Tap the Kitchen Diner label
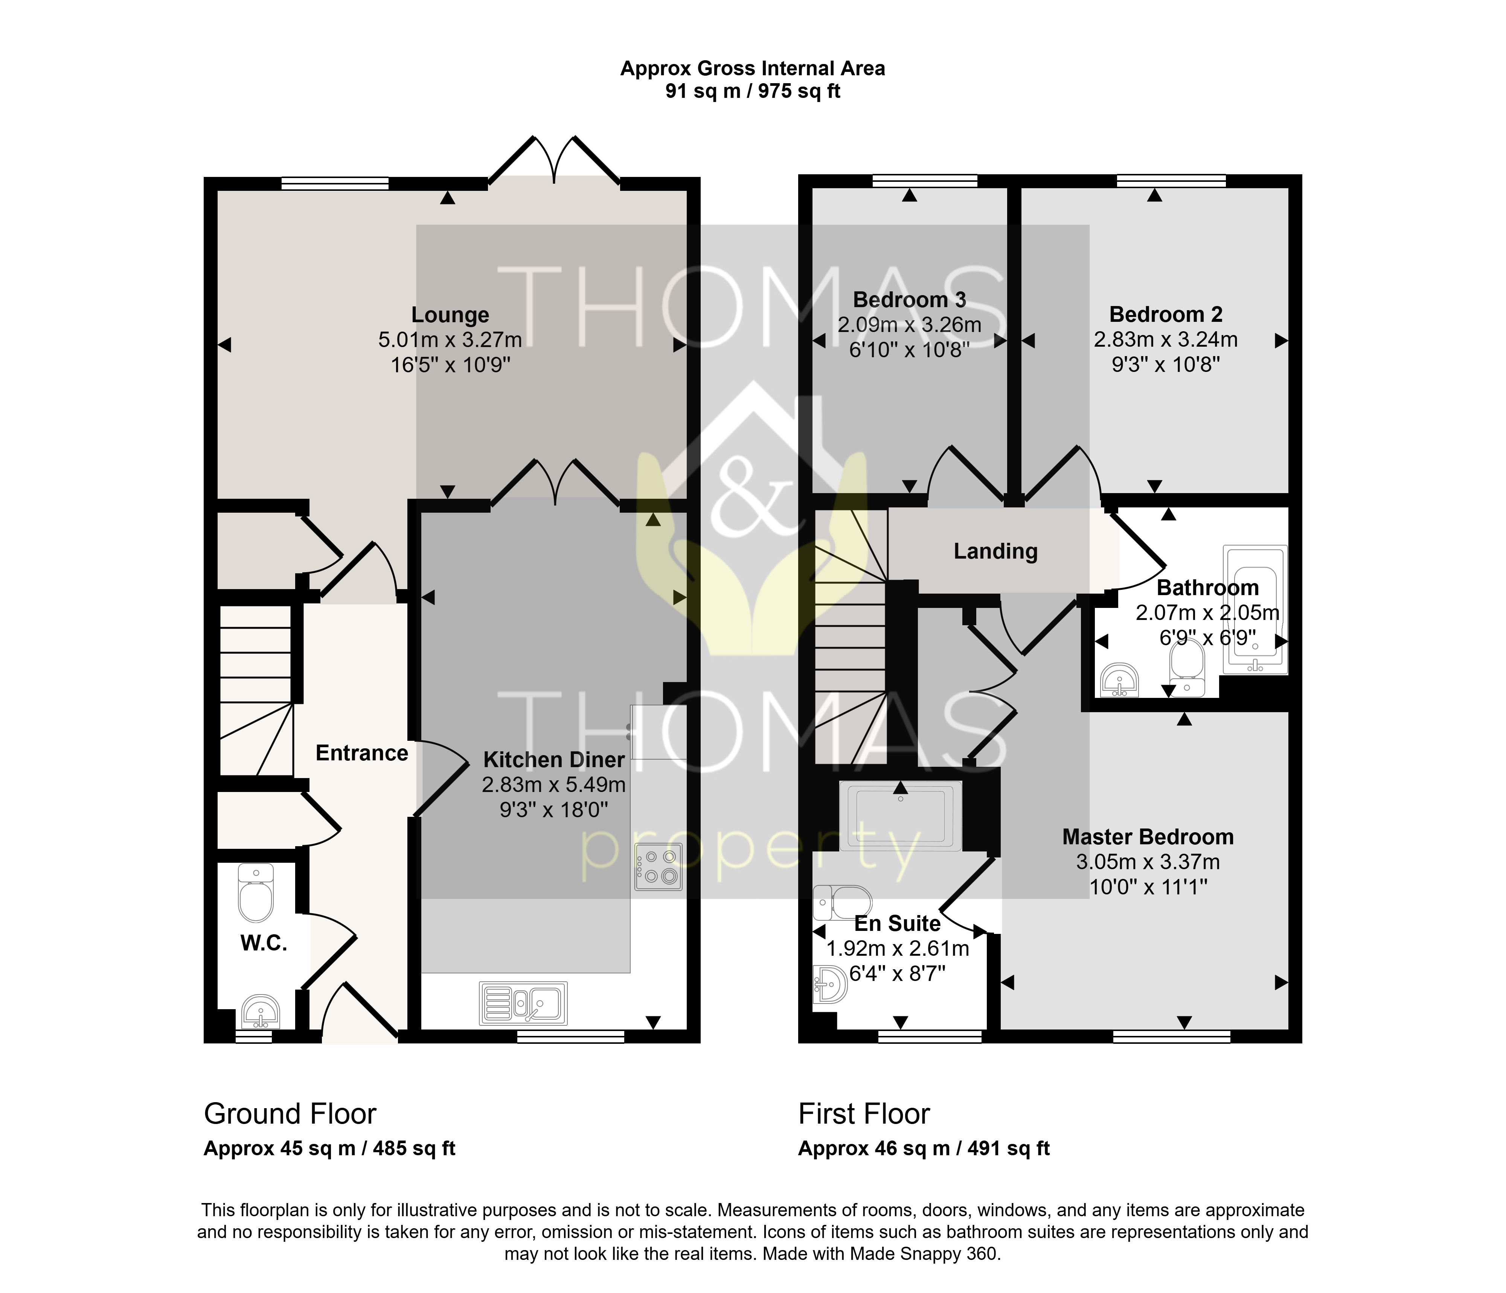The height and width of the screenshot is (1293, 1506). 554,760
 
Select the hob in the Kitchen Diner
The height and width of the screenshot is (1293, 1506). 658,867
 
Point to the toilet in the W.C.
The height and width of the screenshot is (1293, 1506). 256,892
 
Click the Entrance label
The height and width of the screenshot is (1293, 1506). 362,753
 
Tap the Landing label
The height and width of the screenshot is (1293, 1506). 996,552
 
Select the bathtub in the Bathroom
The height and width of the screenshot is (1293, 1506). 1255,610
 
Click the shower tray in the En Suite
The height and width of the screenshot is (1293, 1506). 901,815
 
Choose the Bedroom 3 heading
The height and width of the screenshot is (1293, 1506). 909,300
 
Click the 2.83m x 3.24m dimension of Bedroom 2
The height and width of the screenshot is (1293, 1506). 1166,340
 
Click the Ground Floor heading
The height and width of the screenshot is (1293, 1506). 290,1113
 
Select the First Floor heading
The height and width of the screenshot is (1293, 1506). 864,1113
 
